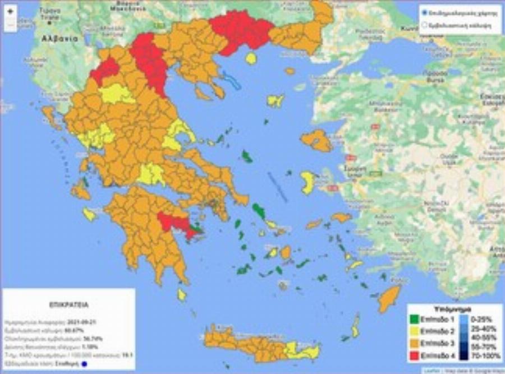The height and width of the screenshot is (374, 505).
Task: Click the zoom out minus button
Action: (x=10, y=25)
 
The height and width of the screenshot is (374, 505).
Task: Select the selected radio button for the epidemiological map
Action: (x=425, y=12)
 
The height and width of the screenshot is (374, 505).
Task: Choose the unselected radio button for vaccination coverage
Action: (x=425, y=25)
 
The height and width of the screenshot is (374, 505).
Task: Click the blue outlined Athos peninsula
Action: (x=232, y=81)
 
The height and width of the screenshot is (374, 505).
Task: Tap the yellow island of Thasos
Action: (x=251, y=58)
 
